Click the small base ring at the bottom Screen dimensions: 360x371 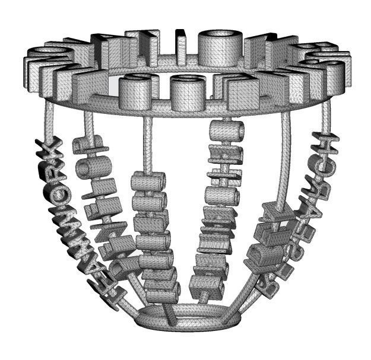click(x=189, y=317)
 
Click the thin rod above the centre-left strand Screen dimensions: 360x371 click(x=146, y=142)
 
